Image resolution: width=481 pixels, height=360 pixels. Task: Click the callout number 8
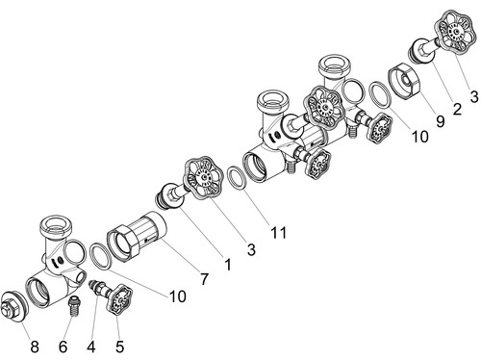pyautogui.click(x=35, y=347)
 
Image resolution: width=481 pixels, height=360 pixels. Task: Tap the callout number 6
pyautogui.click(x=63, y=347)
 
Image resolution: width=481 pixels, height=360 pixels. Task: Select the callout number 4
pyautogui.click(x=91, y=347)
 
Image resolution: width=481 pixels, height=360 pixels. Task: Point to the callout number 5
pyautogui.click(x=119, y=347)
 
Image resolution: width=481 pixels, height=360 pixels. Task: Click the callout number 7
pyautogui.click(x=204, y=279)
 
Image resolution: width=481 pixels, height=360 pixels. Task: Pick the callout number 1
pyautogui.click(x=228, y=265)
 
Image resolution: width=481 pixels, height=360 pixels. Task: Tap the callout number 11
pyautogui.click(x=278, y=232)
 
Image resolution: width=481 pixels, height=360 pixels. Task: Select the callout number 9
pyautogui.click(x=441, y=121)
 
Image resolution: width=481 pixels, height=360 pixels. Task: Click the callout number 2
pyautogui.click(x=457, y=109)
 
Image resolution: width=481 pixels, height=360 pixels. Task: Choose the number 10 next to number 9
pyautogui.click(x=419, y=137)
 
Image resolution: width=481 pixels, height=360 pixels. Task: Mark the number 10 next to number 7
pyautogui.click(x=177, y=296)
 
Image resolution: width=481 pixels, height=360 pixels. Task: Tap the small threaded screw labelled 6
pyautogui.click(x=74, y=306)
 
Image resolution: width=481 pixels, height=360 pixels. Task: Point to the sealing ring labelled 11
pyautogui.click(x=238, y=178)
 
